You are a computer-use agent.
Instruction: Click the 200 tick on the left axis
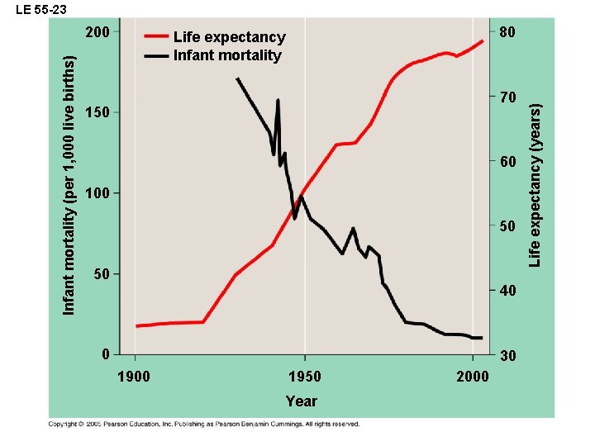[x=98, y=33]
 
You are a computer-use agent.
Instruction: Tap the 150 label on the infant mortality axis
[x=98, y=112]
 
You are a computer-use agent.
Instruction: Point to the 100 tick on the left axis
[x=98, y=193]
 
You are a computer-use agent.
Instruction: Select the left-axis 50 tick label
[x=101, y=273]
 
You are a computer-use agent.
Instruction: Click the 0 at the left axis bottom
[x=105, y=354]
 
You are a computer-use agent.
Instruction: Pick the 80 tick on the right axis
[x=508, y=33]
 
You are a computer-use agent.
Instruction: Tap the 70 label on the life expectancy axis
[x=508, y=98]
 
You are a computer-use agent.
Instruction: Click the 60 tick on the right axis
[x=508, y=162]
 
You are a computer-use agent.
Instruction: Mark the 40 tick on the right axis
[x=508, y=292]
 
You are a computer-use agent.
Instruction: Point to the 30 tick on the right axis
[x=508, y=356]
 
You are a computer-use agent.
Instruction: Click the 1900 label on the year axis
[x=135, y=377]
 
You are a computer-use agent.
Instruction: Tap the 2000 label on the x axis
[x=473, y=377]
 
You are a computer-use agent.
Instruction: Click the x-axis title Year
[x=301, y=401]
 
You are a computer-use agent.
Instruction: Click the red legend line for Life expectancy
[x=156, y=37]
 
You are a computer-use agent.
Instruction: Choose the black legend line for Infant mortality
[x=156, y=55]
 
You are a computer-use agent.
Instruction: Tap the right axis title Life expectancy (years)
[x=535, y=184]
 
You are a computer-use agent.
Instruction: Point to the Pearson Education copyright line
[x=203, y=425]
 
